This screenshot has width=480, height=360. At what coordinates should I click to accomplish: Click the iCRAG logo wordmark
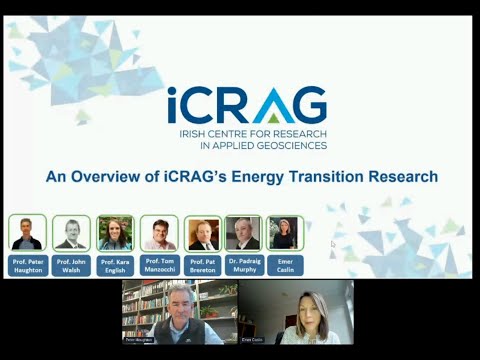(x=246, y=103)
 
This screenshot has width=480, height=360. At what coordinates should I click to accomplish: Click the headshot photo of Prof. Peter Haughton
(x=27, y=233)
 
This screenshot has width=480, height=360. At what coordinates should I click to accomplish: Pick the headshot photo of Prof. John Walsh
(x=71, y=233)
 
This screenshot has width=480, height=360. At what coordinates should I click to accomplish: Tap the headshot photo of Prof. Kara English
(x=115, y=233)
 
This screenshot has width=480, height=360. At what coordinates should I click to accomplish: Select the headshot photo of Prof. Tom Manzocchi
(x=159, y=233)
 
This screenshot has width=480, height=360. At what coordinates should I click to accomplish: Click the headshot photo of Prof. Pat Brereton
(x=203, y=234)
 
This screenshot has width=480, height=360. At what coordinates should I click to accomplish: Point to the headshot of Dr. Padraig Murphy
(x=243, y=234)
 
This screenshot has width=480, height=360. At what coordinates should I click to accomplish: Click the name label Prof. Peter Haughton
(x=27, y=265)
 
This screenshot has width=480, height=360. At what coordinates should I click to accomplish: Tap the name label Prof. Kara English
(x=115, y=265)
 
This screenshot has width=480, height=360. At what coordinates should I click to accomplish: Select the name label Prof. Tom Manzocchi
(x=159, y=265)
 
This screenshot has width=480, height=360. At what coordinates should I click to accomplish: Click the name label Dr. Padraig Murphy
(x=243, y=265)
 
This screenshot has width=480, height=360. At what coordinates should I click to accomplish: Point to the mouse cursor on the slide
(x=333, y=243)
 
